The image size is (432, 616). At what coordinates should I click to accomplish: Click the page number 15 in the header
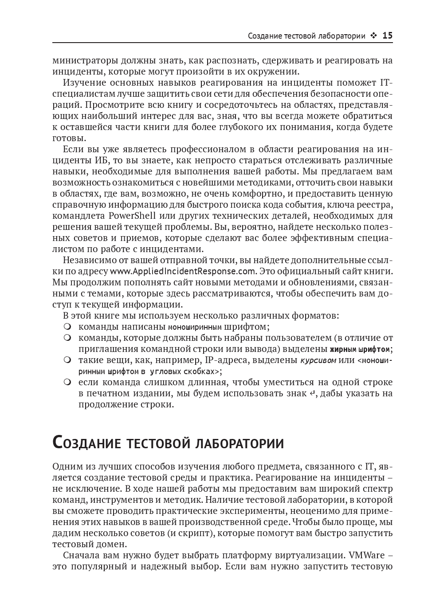(387, 36)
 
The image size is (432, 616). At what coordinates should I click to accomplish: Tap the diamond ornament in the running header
(374, 36)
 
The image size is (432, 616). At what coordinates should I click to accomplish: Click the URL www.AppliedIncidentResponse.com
(183, 271)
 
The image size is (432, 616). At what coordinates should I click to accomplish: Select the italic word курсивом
(318, 360)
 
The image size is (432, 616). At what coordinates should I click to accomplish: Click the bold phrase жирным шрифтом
(361, 349)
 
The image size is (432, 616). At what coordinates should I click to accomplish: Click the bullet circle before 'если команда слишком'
(67, 382)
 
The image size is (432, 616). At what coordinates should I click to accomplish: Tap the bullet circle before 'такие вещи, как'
(67, 360)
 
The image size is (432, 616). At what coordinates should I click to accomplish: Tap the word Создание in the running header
(264, 36)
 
